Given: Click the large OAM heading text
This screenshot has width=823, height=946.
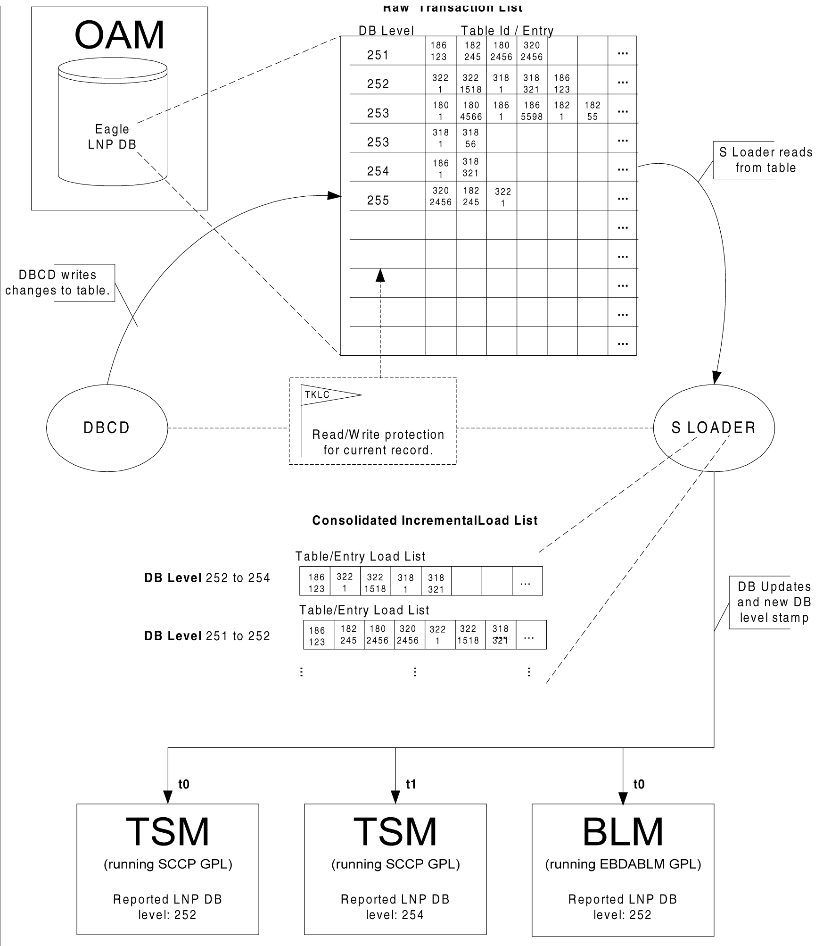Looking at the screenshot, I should [120, 35].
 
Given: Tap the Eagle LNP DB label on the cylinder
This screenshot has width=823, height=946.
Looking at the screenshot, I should [112, 137].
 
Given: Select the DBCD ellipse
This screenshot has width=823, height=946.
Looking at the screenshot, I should [107, 427].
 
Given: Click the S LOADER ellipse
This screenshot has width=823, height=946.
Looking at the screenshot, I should [714, 427].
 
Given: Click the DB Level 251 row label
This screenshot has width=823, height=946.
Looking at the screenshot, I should [378, 55].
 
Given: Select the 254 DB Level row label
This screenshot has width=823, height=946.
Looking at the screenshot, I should [378, 171].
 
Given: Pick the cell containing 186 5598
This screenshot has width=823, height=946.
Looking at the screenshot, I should [532, 111].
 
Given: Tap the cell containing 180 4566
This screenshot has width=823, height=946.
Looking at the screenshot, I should [471, 111].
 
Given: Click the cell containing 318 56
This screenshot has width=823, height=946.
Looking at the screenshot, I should [471, 138].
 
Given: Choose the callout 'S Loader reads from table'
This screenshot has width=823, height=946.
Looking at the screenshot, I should [765, 160].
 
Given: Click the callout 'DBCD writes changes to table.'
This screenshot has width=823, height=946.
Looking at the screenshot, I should [58, 283].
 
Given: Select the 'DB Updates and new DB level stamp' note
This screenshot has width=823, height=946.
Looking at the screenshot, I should [774, 602].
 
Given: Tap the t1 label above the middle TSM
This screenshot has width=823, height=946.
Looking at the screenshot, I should [411, 785].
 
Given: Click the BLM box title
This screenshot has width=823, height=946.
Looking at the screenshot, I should [623, 832].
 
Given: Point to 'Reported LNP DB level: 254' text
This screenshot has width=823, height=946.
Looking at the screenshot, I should [395, 907].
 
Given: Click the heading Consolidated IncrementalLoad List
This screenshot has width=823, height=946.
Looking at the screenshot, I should [425, 520].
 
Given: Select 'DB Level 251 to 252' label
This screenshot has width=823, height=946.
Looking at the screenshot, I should [207, 636].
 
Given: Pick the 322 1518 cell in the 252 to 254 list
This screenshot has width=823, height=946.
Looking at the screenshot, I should [375, 583].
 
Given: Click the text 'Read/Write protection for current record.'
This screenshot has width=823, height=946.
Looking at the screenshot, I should [378, 442].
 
